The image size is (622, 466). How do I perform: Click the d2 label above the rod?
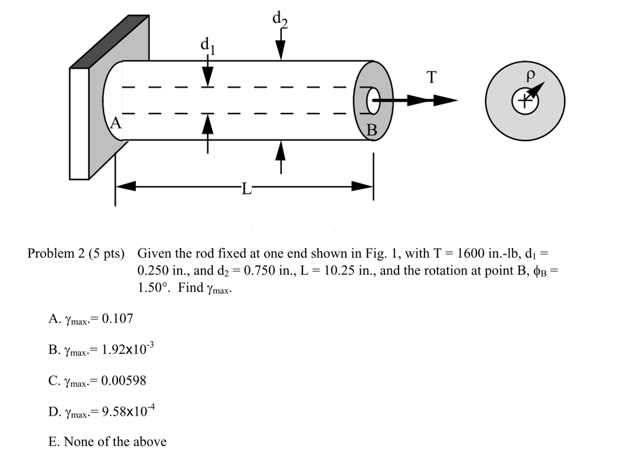[x=279, y=20]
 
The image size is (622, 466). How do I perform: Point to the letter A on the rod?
[x=115, y=122]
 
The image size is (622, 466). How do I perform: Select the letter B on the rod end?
[x=372, y=131]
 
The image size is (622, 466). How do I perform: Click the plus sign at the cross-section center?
[x=524, y=101]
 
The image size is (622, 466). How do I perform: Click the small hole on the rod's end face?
[x=372, y=100]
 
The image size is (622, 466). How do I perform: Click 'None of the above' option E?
[x=108, y=442]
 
